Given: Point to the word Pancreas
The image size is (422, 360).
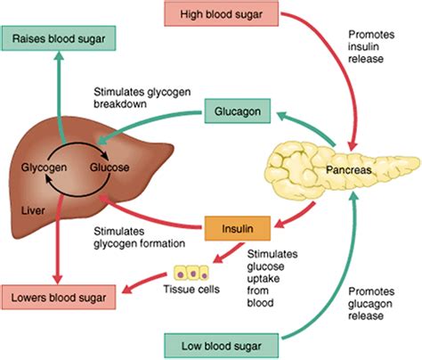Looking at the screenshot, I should tap(349, 168).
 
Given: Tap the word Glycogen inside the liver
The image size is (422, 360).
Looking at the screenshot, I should tap(41, 167).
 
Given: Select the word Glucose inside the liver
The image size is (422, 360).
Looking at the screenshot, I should tap(110, 167).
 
